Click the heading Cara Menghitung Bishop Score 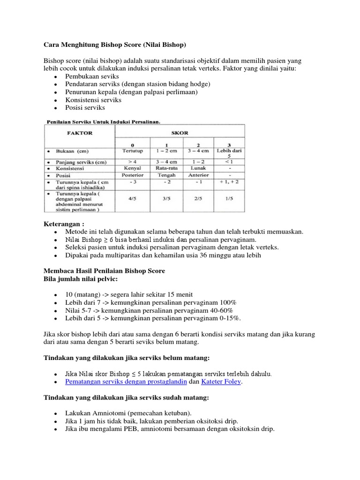tap(115, 45)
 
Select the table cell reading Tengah tap(166, 175)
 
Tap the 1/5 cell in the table tap(229, 198)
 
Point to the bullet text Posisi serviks tap(85, 108)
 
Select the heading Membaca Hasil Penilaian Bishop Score tap(104, 271)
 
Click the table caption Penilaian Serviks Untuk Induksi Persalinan tap(103, 121)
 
